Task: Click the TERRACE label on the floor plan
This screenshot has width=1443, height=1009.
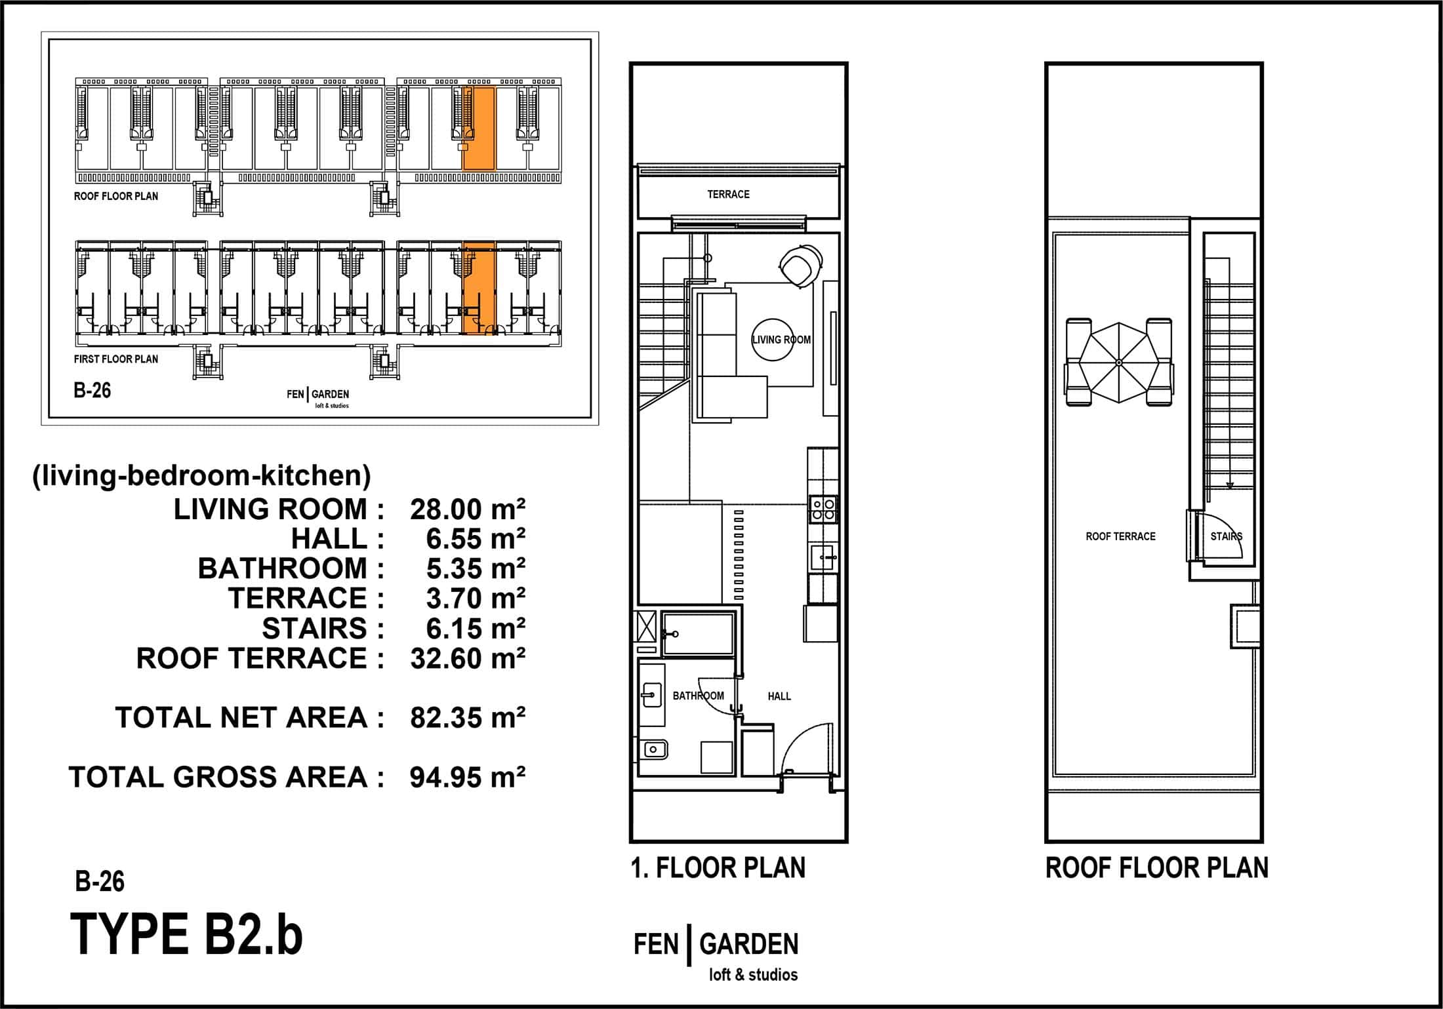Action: [728, 194]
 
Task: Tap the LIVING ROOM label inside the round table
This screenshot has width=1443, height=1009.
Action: [781, 340]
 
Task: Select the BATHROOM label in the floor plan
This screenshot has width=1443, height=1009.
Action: [699, 696]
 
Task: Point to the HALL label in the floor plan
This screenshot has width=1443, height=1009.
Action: [779, 696]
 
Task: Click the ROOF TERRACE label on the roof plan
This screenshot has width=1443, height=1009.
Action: [1120, 536]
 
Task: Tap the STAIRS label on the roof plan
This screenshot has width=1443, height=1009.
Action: [1227, 536]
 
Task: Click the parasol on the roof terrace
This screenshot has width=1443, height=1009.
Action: [1119, 363]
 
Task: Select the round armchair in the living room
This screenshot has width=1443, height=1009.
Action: [801, 266]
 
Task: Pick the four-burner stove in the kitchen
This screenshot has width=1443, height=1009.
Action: [823, 509]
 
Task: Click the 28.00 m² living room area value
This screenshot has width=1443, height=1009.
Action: [468, 509]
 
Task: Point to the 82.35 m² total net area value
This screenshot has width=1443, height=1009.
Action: [468, 718]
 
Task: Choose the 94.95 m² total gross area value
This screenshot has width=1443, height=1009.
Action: [468, 778]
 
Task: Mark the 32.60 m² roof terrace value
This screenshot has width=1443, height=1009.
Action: [468, 658]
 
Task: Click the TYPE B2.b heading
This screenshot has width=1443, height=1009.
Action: [186, 935]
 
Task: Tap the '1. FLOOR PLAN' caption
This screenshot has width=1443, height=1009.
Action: [718, 868]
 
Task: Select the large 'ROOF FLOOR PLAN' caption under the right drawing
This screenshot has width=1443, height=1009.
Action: [1157, 868]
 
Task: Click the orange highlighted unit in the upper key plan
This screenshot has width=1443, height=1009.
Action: [479, 128]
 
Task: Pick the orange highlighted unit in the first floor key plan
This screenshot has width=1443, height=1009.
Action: [479, 288]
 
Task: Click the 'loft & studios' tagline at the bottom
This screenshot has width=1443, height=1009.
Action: [753, 975]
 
